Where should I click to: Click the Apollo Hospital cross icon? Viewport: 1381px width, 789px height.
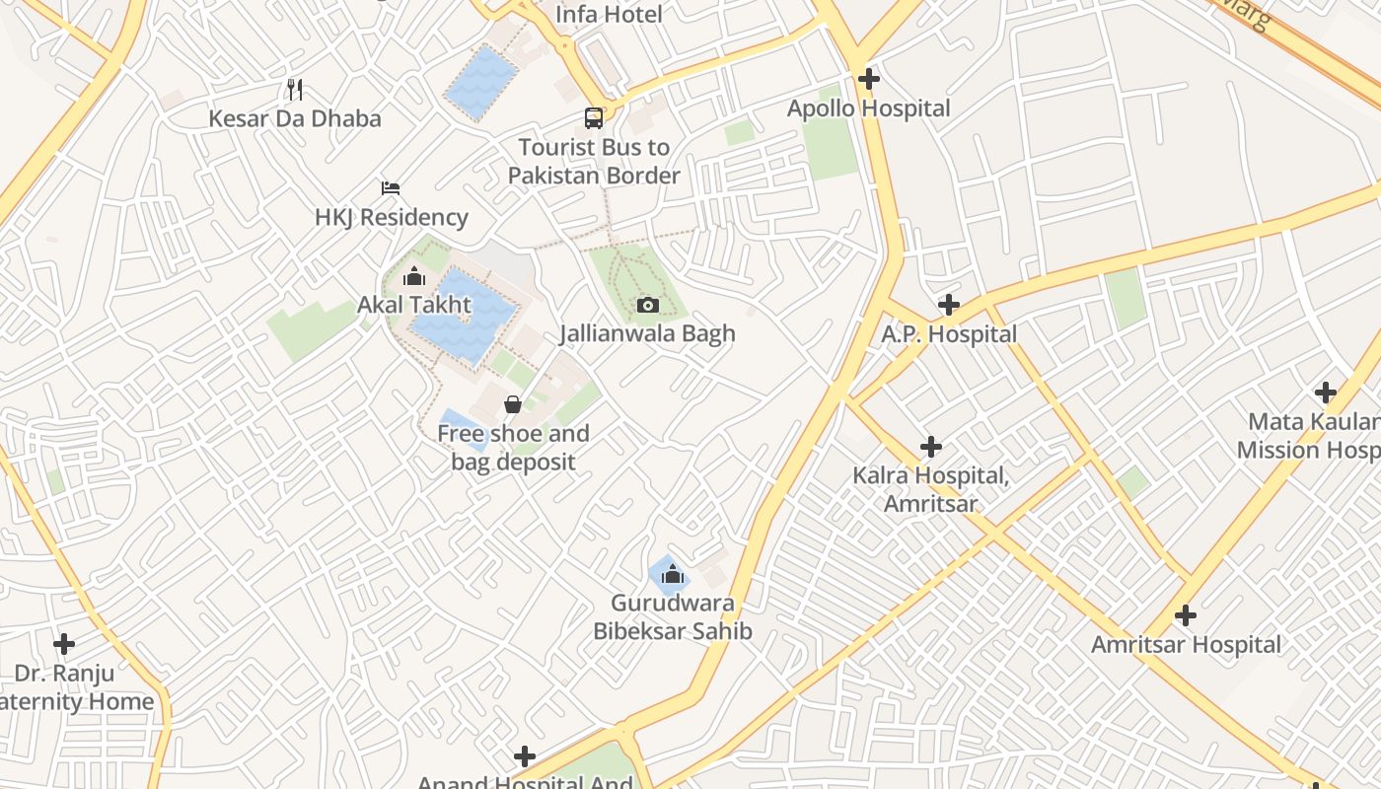(869, 79)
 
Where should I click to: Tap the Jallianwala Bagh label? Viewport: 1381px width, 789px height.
(647, 333)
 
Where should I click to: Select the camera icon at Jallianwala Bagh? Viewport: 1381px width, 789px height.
(648, 306)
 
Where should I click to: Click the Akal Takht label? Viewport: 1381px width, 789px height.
(414, 305)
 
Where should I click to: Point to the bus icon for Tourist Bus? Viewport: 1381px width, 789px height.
(594, 118)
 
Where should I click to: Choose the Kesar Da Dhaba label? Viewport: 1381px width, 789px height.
(294, 119)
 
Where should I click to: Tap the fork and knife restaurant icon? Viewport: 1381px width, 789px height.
(295, 90)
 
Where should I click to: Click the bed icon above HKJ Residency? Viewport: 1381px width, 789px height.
(391, 187)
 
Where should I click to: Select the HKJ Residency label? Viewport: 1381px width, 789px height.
(392, 217)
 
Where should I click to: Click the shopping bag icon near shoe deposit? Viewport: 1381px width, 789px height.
(513, 404)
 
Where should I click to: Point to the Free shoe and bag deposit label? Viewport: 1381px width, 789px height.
(513, 447)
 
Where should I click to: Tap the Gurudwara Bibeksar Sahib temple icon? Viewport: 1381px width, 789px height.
(673, 574)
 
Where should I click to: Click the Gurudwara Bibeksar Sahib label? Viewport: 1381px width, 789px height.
(673, 616)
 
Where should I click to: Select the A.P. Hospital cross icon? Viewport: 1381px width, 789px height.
(949, 305)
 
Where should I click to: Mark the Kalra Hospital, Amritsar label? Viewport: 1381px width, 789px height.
(930, 489)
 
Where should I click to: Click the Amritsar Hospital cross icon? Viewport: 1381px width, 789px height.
(1186, 615)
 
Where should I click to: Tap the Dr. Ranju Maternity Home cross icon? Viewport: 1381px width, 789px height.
(64, 644)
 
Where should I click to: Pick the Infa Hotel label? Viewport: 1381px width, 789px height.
(609, 15)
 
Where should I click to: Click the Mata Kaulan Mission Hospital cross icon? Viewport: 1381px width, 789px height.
(1326, 393)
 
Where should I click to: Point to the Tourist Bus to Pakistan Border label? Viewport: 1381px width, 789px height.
(594, 162)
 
